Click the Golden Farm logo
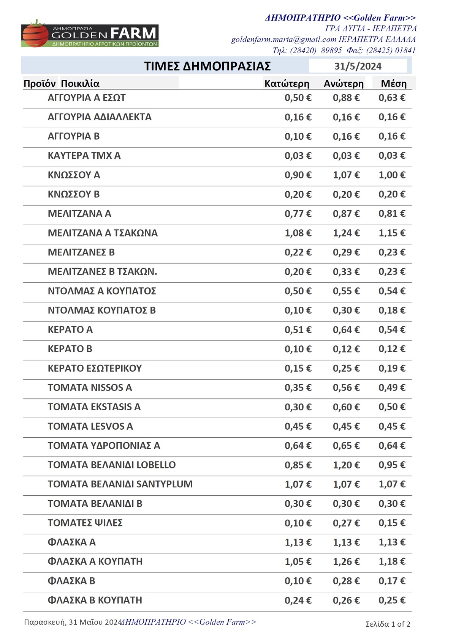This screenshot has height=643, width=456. click(x=90, y=34)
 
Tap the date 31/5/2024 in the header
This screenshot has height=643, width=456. click(x=358, y=66)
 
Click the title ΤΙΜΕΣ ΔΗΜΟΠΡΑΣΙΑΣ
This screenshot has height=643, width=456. click(x=207, y=66)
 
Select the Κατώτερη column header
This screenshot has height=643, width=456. click(x=287, y=84)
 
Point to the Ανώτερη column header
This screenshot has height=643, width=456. click(x=344, y=84)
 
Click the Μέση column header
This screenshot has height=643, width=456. click(x=394, y=84)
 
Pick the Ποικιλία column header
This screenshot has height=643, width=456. click(x=80, y=84)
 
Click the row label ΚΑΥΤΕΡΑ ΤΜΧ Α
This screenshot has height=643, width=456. click(x=84, y=156)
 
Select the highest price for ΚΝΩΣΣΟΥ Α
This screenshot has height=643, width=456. click(x=346, y=175)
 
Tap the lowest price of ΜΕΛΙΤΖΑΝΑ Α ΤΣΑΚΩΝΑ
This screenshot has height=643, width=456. click(x=298, y=233)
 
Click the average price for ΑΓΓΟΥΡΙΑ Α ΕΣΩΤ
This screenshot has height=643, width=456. click(x=392, y=98)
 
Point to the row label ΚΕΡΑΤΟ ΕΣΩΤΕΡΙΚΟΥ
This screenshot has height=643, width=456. click(x=95, y=368)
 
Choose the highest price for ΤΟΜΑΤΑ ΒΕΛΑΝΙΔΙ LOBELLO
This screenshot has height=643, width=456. click(x=346, y=465)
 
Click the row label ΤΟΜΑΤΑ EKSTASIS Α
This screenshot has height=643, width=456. click(x=94, y=407)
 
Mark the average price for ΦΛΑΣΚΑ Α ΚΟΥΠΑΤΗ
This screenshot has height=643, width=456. click(x=392, y=561)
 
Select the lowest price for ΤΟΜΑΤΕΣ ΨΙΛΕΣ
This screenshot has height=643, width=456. click(x=298, y=523)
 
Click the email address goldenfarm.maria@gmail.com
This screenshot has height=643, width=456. click(x=283, y=39)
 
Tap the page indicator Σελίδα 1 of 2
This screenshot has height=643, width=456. click(x=388, y=624)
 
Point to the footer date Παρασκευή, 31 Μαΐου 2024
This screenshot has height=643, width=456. click(x=73, y=622)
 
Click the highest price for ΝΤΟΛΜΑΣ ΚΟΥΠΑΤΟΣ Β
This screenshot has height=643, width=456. click(x=346, y=310)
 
